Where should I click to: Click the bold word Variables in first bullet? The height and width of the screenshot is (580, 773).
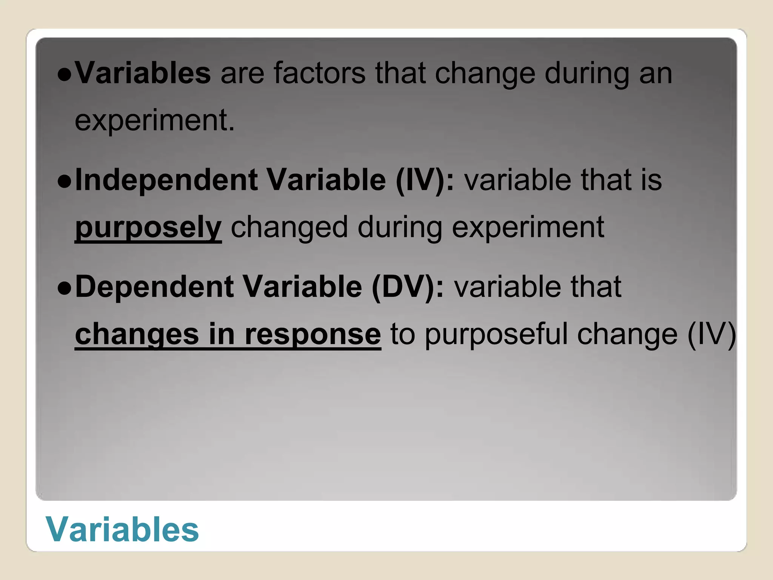click(143, 72)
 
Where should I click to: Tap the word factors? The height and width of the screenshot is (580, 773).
click(319, 72)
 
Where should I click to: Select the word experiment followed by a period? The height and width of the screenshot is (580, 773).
click(155, 120)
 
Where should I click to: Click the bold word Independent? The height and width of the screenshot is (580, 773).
click(166, 180)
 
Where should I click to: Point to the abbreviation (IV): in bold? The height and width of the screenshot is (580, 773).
click(425, 180)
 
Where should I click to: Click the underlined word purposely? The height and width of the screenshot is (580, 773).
click(148, 228)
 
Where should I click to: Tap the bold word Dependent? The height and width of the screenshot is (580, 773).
click(154, 287)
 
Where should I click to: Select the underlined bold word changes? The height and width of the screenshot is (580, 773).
click(137, 334)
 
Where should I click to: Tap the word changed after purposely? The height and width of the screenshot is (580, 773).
click(289, 228)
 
